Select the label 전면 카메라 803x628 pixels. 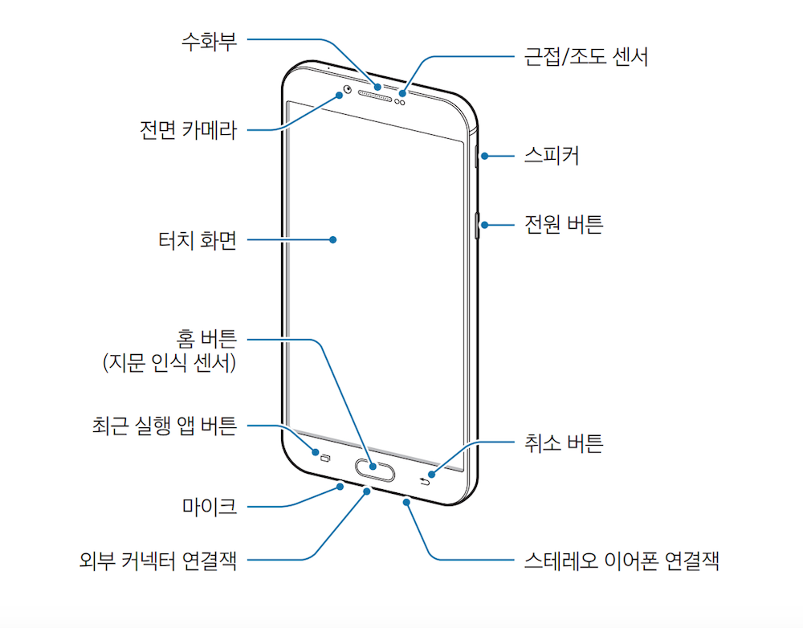188,129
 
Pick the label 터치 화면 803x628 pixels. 197,239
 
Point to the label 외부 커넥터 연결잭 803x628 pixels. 157,559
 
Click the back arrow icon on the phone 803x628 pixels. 425,480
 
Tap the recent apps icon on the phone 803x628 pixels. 325,459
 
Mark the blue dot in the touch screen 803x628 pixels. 332,239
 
